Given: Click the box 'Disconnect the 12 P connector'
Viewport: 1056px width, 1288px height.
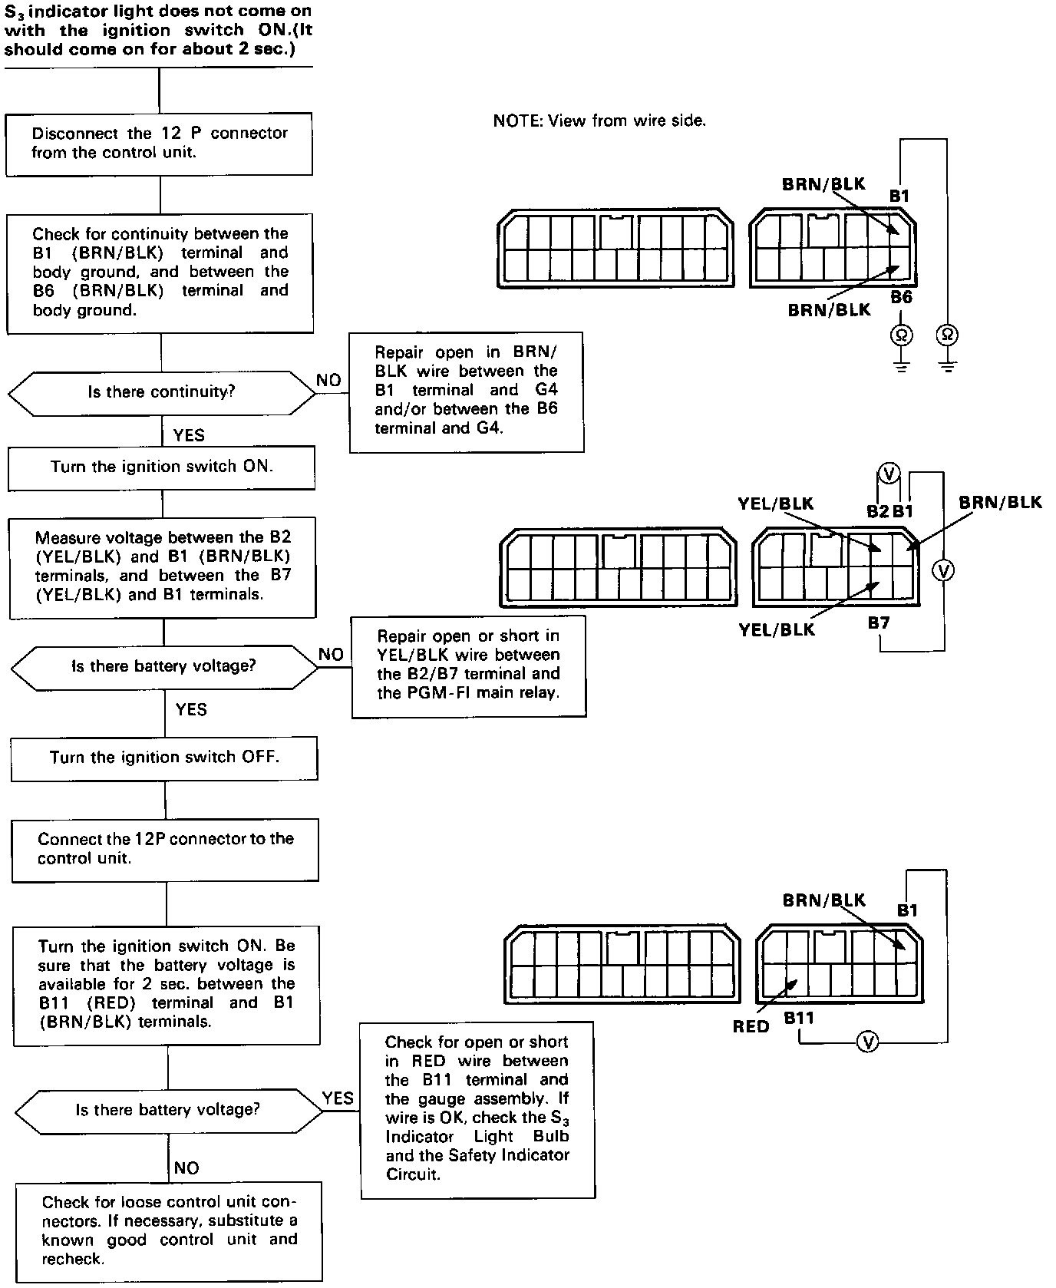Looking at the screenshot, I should [x=159, y=144].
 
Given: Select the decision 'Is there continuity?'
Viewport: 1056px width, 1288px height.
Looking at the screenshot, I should [x=161, y=392].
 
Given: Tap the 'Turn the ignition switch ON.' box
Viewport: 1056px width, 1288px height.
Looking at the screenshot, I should [x=161, y=467].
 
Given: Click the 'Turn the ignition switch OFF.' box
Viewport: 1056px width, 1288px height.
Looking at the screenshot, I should [x=164, y=758].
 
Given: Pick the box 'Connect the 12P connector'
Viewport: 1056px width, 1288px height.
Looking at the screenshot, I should [x=165, y=849].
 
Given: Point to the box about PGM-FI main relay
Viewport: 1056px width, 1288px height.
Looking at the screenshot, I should [x=468, y=665].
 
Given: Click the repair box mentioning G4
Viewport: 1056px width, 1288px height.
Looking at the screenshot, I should [x=466, y=391].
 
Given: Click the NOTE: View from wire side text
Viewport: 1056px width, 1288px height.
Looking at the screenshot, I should [x=599, y=121].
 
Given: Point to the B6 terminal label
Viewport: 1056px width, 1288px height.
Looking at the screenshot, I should [x=901, y=297].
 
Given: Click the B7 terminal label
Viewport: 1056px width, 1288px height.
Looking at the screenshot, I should [x=879, y=623].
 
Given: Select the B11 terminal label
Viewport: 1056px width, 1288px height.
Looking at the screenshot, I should [x=799, y=1018].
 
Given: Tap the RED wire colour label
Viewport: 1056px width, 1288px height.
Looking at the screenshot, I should [x=751, y=1026].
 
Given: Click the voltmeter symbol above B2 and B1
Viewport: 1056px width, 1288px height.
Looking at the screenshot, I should [x=888, y=474].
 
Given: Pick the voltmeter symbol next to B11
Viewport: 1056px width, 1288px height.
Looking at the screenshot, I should [x=867, y=1042].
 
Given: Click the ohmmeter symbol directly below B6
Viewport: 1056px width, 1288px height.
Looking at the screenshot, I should [x=901, y=335].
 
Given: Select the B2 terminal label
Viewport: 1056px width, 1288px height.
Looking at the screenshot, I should [x=877, y=511].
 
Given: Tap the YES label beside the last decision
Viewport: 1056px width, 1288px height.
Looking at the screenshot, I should [x=338, y=1098].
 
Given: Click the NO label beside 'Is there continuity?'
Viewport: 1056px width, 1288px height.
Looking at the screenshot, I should [x=328, y=380].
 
